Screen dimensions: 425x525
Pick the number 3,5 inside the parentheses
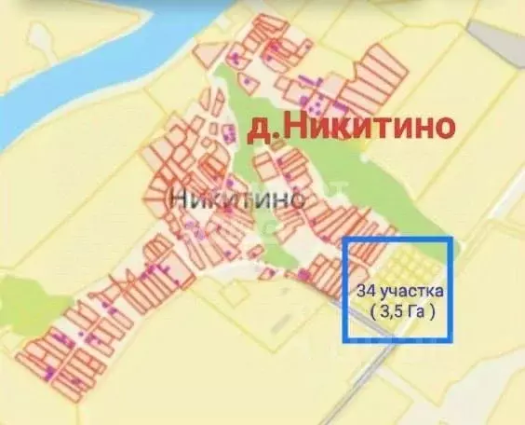point(394,312)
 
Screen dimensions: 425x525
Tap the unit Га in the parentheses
point(418,312)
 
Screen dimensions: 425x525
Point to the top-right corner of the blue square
point(452,239)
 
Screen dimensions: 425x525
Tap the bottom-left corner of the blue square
point(346,341)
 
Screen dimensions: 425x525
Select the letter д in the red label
point(249,130)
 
